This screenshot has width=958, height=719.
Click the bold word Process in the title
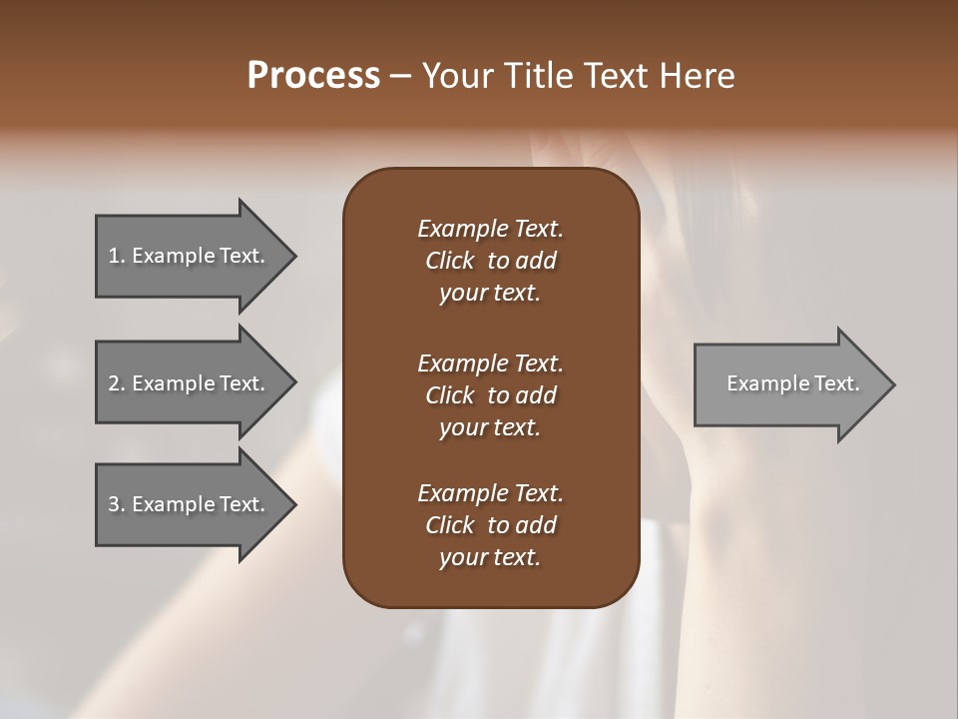(x=313, y=76)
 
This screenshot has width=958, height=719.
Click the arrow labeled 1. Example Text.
(x=190, y=256)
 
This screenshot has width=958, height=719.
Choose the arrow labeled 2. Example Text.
(x=190, y=383)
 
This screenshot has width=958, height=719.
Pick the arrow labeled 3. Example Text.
(x=190, y=504)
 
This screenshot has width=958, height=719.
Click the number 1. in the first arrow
(x=117, y=256)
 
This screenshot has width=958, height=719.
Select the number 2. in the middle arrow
(x=117, y=383)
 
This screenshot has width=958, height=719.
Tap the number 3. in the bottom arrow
(x=117, y=504)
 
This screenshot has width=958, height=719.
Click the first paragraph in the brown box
(x=490, y=261)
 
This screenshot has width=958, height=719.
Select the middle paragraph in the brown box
(x=490, y=395)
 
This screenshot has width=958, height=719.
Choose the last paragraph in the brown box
(x=490, y=525)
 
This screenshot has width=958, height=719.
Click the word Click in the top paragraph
(x=450, y=261)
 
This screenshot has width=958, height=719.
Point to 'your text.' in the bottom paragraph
(x=490, y=558)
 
